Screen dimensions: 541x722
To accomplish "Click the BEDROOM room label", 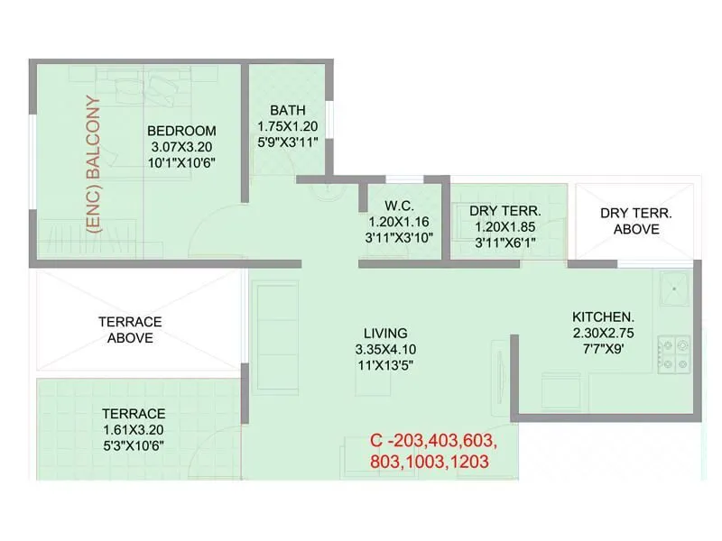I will click(181, 131).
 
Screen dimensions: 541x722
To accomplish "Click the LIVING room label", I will click(386, 333).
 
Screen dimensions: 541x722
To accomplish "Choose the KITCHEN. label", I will click(604, 317).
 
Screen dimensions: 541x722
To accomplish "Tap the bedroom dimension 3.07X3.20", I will click(181, 147).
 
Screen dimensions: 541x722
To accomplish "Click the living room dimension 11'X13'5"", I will click(386, 365).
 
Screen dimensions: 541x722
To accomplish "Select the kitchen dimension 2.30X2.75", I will click(604, 334).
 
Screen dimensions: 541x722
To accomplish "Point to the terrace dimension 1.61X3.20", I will click(133, 429).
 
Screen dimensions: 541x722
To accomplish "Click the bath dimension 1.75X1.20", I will click(287, 127).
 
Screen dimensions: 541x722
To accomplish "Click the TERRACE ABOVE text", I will click(130, 329).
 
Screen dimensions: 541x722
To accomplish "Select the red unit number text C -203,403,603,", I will click(433, 442).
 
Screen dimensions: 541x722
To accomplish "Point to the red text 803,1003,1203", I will click(430, 462).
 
